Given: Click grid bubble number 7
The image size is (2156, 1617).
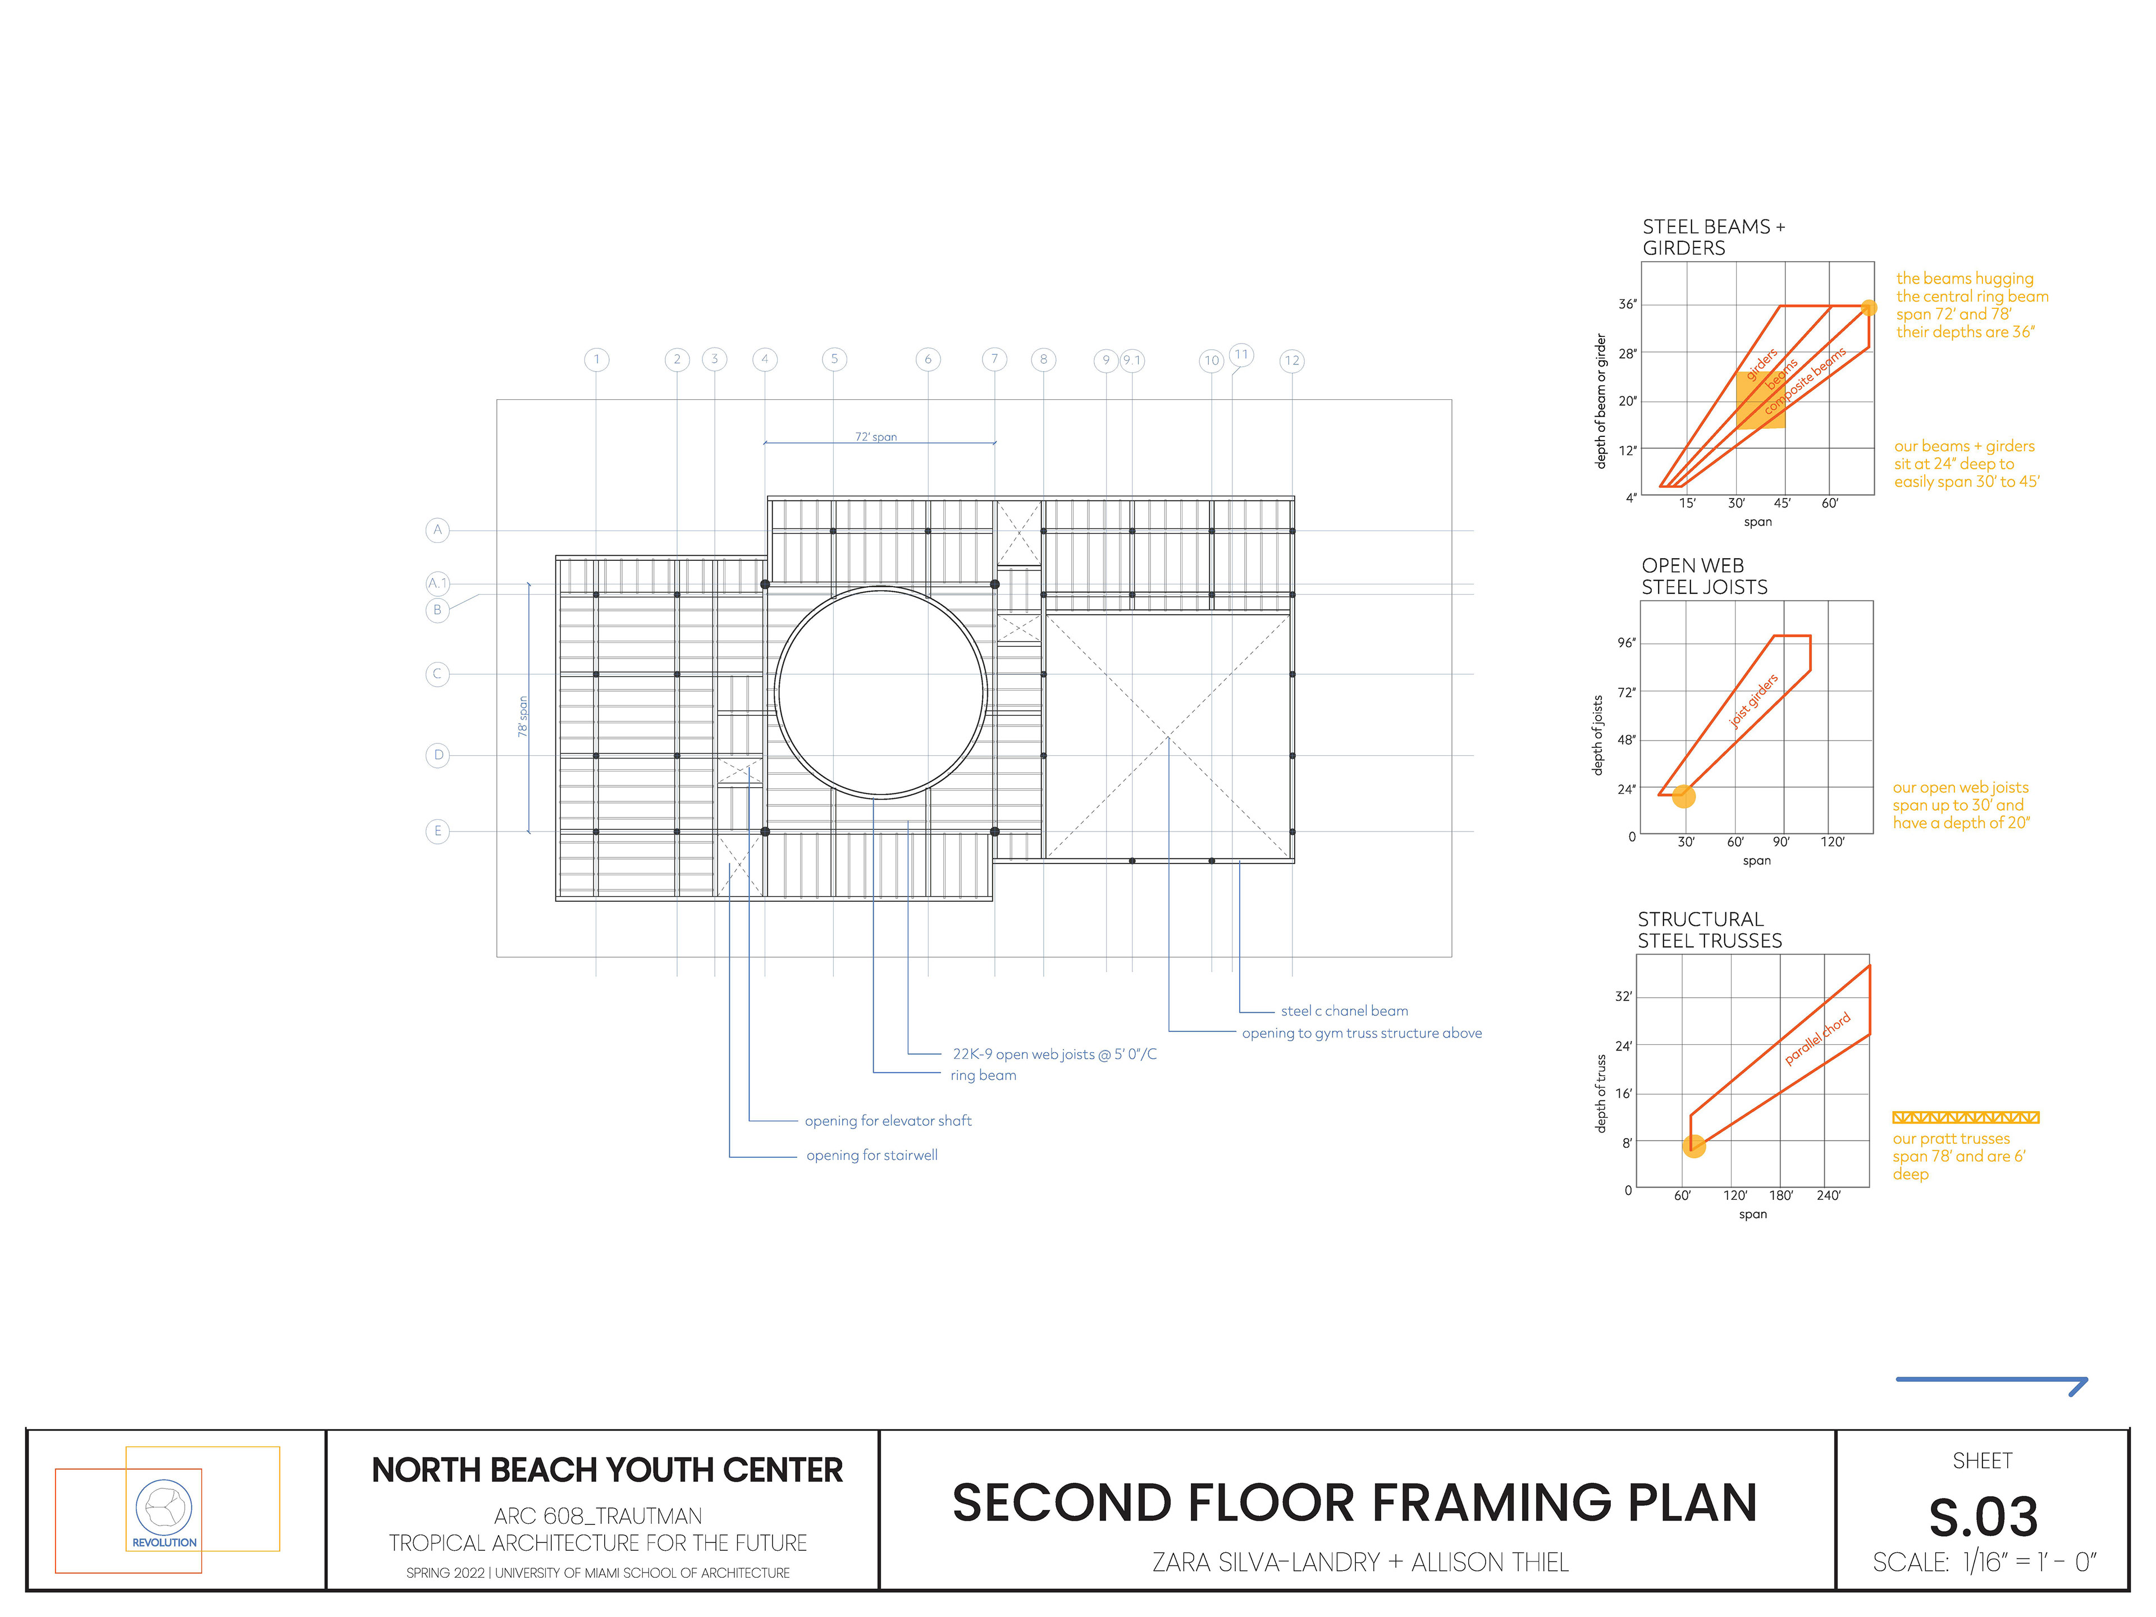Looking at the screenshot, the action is pyautogui.click(x=994, y=359).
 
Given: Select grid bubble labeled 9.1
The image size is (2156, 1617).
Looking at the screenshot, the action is pyautogui.click(x=1131, y=360).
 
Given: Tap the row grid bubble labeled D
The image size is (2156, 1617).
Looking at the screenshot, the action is pyautogui.click(x=437, y=755).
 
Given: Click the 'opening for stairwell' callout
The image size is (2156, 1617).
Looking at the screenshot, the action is pyautogui.click(x=871, y=1155).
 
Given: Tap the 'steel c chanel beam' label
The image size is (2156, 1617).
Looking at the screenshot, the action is pyautogui.click(x=1344, y=1011).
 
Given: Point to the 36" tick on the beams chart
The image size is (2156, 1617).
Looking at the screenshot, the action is pyautogui.click(x=1627, y=304).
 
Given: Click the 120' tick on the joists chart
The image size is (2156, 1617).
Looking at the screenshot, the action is pyautogui.click(x=1833, y=841).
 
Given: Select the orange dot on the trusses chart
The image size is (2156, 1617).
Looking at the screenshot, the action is pyautogui.click(x=1694, y=1146).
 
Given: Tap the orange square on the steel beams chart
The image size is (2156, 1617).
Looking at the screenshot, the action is pyautogui.click(x=1760, y=400).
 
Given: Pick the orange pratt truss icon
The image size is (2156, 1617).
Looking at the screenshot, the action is pyautogui.click(x=1965, y=1117).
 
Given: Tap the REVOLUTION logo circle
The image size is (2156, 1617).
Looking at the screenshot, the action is pyautogui.click(x=164, y=1507).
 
